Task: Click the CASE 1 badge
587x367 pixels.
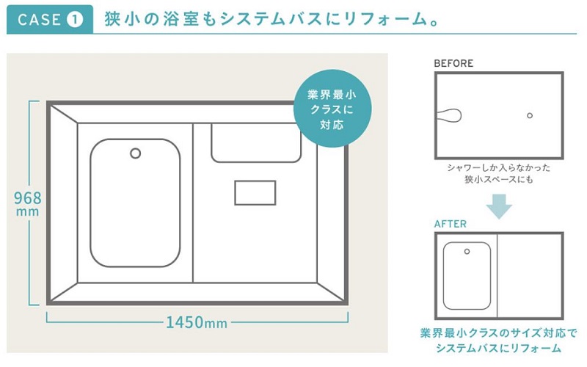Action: pos(50,20)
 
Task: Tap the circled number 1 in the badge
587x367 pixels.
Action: pos(75,20)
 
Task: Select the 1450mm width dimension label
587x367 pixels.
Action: pos(197,322)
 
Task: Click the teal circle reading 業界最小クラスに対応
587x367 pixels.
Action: pos(332,109)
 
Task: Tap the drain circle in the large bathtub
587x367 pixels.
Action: pos(136,153)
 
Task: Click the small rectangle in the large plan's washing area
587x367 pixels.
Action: pos(255,193)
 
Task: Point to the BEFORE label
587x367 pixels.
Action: pos(453,63)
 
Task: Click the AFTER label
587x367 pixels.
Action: pos(451,224)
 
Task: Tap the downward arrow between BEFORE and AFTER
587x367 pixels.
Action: pos(499,206)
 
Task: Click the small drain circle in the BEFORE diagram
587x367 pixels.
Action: pos(530,116)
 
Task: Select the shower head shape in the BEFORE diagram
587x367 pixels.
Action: pos(449,115)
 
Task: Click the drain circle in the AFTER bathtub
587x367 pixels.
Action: pos(467,252)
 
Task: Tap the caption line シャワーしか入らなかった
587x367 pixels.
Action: pos(499,167)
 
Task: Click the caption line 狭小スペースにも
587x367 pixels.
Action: pos(499,179)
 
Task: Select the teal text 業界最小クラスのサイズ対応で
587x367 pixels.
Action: pos(499,333)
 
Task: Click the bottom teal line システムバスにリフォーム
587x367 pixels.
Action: pos(499,348)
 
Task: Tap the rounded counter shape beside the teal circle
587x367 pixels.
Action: pos(256,143)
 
